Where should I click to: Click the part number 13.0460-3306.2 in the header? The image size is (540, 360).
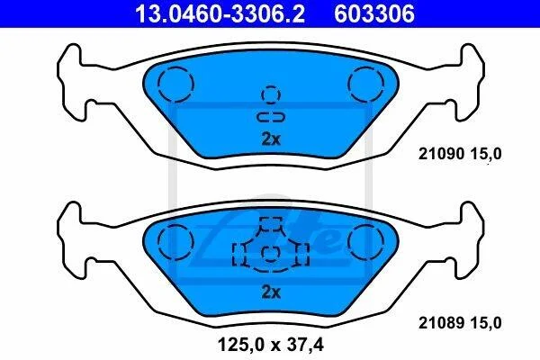pyautogui.click(x=220, y=13)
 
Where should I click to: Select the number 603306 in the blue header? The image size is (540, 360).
pyautogui.click(x=374, y=13)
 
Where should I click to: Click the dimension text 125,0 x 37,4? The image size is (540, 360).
pyautogui.click(x=271, y=345)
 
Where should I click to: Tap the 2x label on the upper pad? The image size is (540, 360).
pyautogui.click(x=271, y=139)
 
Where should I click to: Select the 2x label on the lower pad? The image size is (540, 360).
pyautogui.click(x=271, y=292)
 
